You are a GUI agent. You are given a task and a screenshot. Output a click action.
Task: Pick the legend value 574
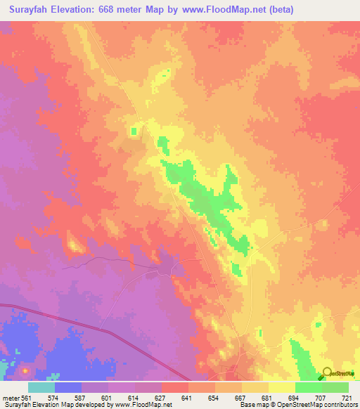tap(53, 398)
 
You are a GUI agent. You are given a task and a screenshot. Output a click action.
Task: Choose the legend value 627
tap(161, 398)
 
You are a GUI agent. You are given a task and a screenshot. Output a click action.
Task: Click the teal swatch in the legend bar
tap(41, 387)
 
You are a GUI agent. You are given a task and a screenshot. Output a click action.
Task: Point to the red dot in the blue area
tap(25, 370)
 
